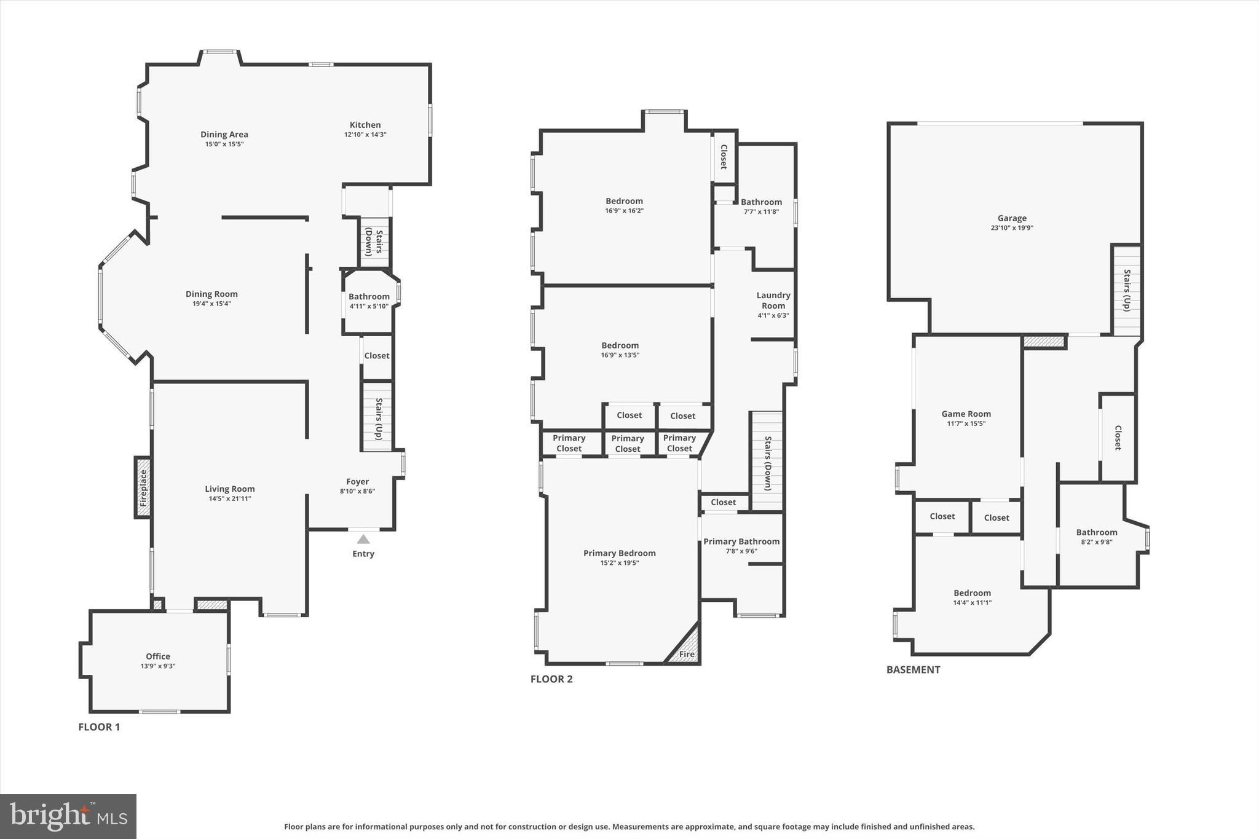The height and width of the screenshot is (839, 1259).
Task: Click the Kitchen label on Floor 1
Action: tap(365, 125)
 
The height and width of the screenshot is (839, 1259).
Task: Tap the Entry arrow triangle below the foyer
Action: tap(363, 540)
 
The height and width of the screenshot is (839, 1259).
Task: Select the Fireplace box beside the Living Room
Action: tap(143, 487)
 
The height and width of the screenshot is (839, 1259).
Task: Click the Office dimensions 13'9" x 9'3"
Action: tap(158, 666)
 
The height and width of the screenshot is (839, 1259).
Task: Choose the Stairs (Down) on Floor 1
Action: tap(374, 242)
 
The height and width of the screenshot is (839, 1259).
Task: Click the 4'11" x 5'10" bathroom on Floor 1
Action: tap(369, 301)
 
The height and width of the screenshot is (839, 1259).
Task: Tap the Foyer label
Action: tap(357, 482)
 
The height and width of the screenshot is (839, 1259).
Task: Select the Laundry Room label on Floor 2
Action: tap(773, 301)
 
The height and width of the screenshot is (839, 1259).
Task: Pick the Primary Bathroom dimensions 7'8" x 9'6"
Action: tap(741, 551)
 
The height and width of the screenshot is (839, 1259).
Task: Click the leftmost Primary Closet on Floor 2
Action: tap(569, 443)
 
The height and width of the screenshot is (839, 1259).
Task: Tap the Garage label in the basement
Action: tap(1012, 218)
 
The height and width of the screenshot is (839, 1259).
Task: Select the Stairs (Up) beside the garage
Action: tap(1126, 290)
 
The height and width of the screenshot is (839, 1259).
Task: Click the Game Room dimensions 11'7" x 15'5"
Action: tap(966, 423)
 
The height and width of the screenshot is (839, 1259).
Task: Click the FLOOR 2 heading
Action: tap(551, 679)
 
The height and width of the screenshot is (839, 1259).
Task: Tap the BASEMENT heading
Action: tap(913, 670)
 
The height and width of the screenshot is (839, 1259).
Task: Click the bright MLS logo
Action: tap(68, 816)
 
